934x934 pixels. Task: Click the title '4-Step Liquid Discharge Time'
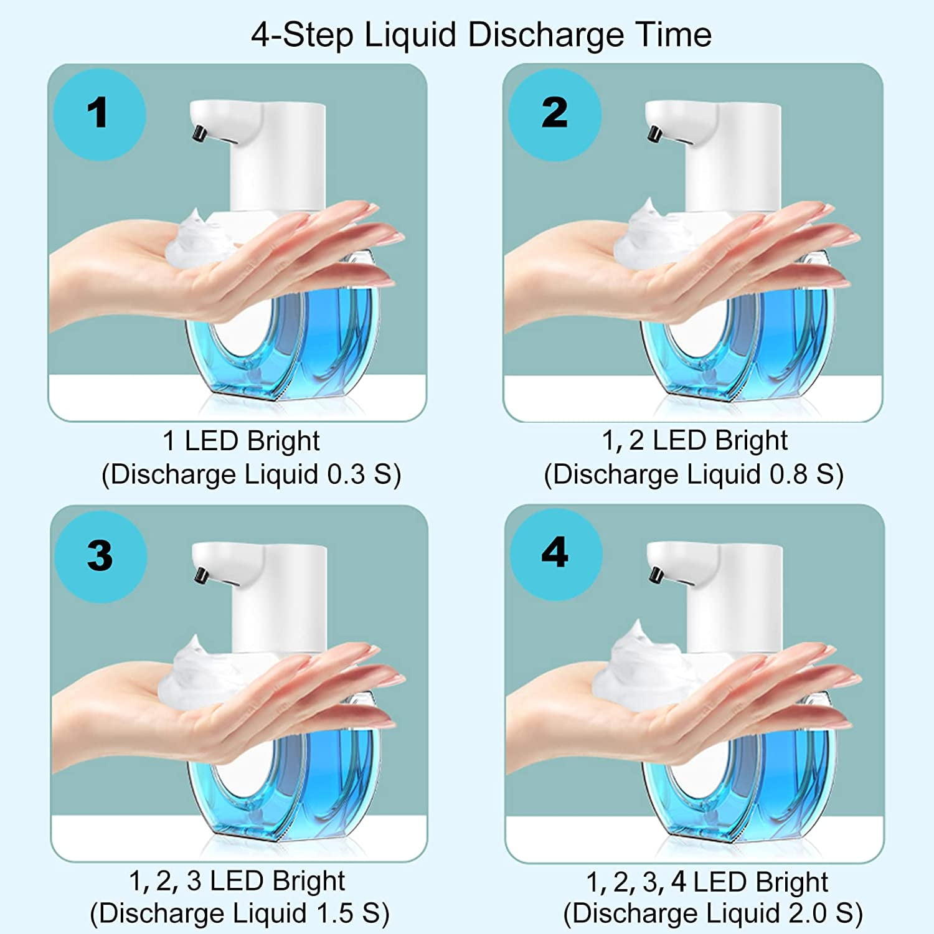[x=481, y=35]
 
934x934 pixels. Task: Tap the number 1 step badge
[x=99, y=115]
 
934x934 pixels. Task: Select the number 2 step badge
[x=554, y=115]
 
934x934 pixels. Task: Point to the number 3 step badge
[x=100, y=556]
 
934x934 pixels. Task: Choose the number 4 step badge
[x=555, y=554]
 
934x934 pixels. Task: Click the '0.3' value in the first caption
[x=346, y=474]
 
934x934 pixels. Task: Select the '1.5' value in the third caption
[x=335, y=913]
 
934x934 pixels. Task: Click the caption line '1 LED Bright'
[x=241, y=441]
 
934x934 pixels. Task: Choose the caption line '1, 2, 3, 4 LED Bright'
[x=707, y=882]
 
